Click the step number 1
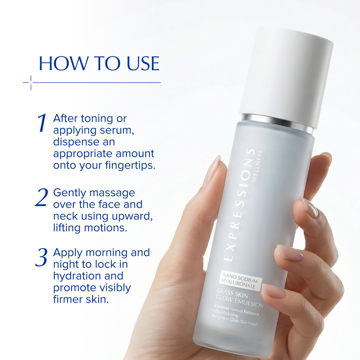point(42,123)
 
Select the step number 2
point(41,198)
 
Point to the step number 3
point(41,258)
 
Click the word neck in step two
point(64,216)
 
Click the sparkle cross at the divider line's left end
point(31,83)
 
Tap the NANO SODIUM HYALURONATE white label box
point(239,281)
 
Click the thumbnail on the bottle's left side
point(211,171)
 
